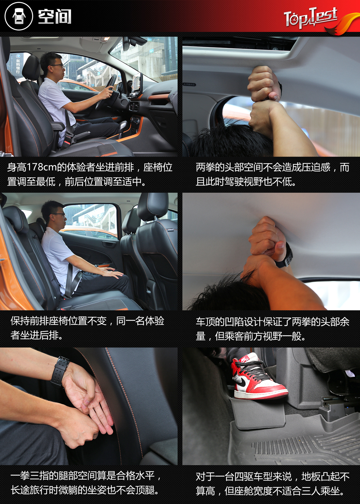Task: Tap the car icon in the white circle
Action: point(19,17)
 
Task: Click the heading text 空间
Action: point(55,17)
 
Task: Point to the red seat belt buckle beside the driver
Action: point(67,141)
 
